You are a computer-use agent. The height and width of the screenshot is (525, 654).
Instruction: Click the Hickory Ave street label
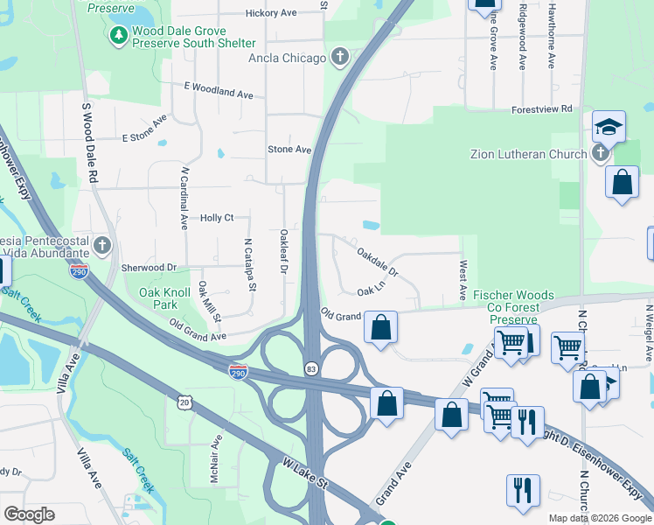click(x=272, y=13)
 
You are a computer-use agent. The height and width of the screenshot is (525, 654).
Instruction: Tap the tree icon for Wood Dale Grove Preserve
click(x=118, y=36)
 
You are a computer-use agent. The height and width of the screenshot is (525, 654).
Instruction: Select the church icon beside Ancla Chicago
click(x=340, y=59)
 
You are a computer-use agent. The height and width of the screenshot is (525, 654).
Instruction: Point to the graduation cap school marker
click(x=608, y=129)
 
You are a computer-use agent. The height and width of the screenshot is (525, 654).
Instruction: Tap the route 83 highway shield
click(x=310, y=367)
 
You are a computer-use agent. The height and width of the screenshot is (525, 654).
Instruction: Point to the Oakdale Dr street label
click(x=378, y=261)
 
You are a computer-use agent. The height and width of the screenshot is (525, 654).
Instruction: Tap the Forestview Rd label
click(x=541, y=108)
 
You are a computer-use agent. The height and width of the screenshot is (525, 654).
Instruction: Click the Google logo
click(x=29, y=514)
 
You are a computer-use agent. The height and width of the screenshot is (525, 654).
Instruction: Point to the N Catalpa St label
click(x=249, y=265)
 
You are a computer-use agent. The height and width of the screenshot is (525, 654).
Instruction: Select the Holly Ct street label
click(x=217, y=218)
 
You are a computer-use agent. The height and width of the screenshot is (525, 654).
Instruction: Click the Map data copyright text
click(x=599, y=518)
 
